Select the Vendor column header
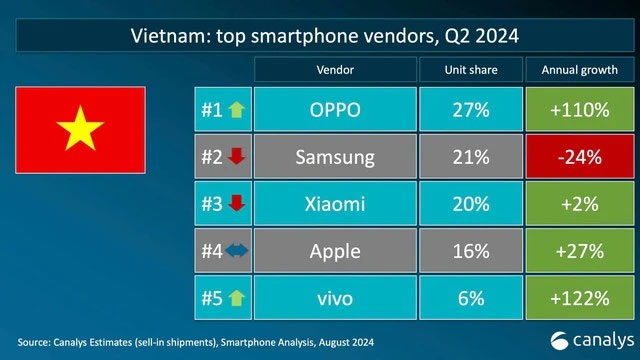[x=333, y=71]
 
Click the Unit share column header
[x=470, y=71]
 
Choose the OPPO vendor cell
[x=333, y=109]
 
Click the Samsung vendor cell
[x=333, y=157]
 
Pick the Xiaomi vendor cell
[x=333, y=205]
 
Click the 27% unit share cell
[x=470, y=109]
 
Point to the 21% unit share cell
[x=470, y=157]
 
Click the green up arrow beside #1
[x=237, y=109]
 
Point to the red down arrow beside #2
[x=236, y=157]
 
